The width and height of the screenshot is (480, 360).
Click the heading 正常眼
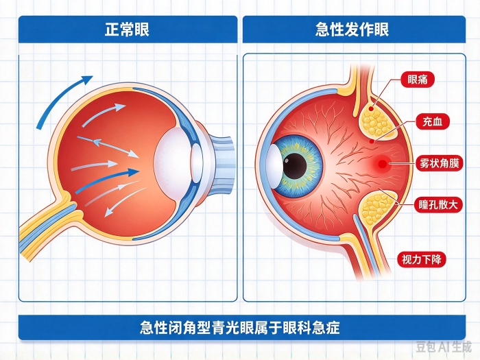click(x=127, y=30)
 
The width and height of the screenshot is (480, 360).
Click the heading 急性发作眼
click(x=352, y=29)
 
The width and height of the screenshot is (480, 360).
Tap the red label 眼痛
click(x=417, y=80)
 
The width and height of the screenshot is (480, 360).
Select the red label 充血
click(x=432, y=121)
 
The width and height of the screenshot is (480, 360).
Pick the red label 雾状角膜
click(x=439, y=163)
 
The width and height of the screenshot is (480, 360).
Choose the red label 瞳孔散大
click(x=438, y=204)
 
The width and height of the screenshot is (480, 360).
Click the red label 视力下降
click(x=422, y=260)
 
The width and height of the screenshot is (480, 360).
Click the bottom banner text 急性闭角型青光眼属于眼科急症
click(x=240, y=328)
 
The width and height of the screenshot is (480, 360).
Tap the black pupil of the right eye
click(x=294, y=165)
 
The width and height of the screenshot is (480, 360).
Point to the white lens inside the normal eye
click(x=169, y=162)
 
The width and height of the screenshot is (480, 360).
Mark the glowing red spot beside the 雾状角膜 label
click(x=382, y=164)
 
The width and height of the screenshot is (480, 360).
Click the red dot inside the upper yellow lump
click(x=371, y=108)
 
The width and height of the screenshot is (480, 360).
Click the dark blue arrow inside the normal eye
click(x=107, y=181)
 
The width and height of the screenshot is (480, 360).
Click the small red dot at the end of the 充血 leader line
click(x=372, y=141)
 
